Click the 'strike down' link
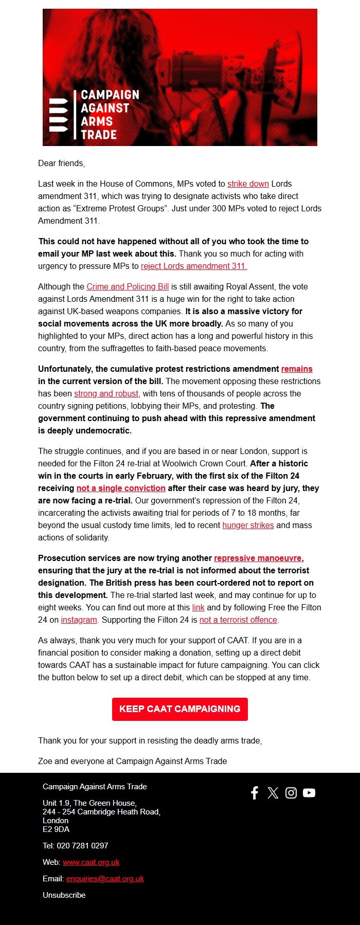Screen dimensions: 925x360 248,184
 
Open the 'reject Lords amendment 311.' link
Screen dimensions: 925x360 194,266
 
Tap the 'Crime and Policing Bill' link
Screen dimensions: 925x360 128,286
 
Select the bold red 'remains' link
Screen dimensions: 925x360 297,369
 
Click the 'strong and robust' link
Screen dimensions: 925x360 106,393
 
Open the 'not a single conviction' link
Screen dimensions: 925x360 121,488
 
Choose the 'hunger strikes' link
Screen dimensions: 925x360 248,525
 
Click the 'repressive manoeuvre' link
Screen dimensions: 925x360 258,558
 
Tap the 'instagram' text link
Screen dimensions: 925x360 79,620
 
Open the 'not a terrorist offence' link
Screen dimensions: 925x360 238,620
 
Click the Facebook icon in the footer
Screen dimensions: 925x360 255,792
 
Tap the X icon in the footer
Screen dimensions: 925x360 273,792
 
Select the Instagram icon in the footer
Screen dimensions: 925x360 291,792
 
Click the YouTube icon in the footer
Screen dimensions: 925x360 309,792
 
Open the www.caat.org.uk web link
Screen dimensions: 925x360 91,862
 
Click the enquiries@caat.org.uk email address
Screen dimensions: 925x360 105,878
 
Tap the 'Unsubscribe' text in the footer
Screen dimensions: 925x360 64,895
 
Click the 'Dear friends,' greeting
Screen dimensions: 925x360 61,163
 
